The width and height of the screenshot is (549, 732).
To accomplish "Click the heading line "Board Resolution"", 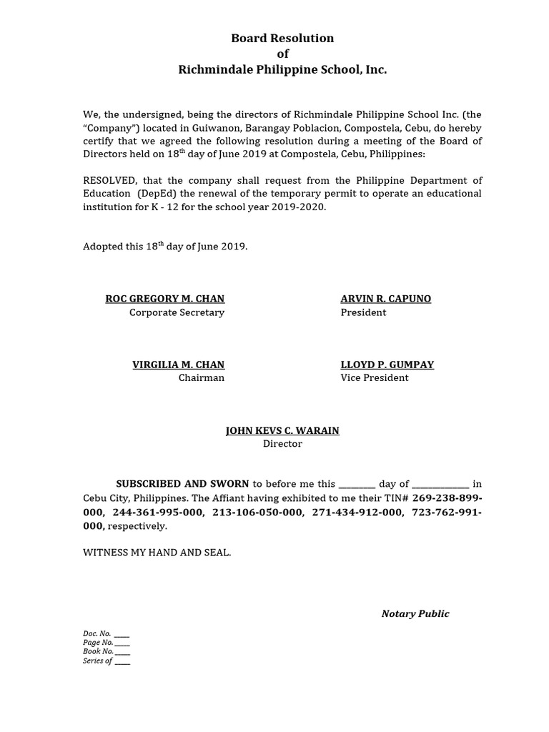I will coord(282,39).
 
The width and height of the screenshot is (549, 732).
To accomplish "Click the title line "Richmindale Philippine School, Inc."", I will coord(282,69).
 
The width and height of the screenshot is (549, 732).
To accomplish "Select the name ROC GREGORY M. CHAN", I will coord(164,299).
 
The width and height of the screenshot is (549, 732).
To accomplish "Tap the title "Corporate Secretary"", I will coord(177,312).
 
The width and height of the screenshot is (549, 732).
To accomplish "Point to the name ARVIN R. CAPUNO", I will coord(385,299).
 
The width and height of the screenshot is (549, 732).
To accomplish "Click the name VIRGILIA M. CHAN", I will coord(178,365).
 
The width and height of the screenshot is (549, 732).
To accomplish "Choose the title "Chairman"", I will coord(201,378).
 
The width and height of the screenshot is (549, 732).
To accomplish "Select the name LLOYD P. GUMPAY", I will coord(387,365).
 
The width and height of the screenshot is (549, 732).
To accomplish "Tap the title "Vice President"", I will coord(374,378).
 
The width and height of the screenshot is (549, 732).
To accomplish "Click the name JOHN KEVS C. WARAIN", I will coord(282,430).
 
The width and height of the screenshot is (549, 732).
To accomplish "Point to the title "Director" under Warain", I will coord(282,444).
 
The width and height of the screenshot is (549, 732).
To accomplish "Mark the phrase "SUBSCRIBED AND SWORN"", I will coord(183,484).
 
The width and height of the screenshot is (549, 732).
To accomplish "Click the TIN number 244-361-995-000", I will coord(159,513).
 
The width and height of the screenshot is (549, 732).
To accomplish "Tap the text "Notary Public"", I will coord(415,614).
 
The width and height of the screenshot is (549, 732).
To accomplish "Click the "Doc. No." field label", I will coord(97,634).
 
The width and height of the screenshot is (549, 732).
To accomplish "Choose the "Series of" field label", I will coord(97,661).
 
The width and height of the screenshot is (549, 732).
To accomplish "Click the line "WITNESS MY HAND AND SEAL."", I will coord(157,553).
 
